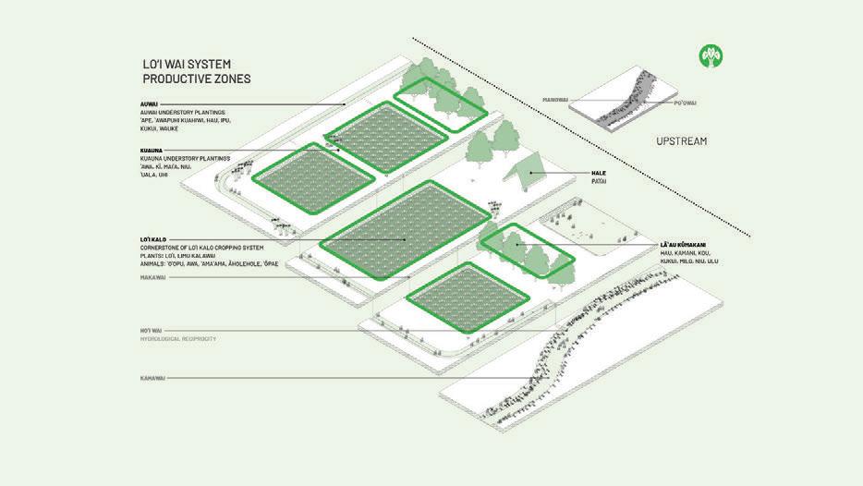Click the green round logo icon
711,57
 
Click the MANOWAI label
558,100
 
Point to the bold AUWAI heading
141,103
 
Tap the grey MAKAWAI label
145,274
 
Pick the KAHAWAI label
144,377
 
